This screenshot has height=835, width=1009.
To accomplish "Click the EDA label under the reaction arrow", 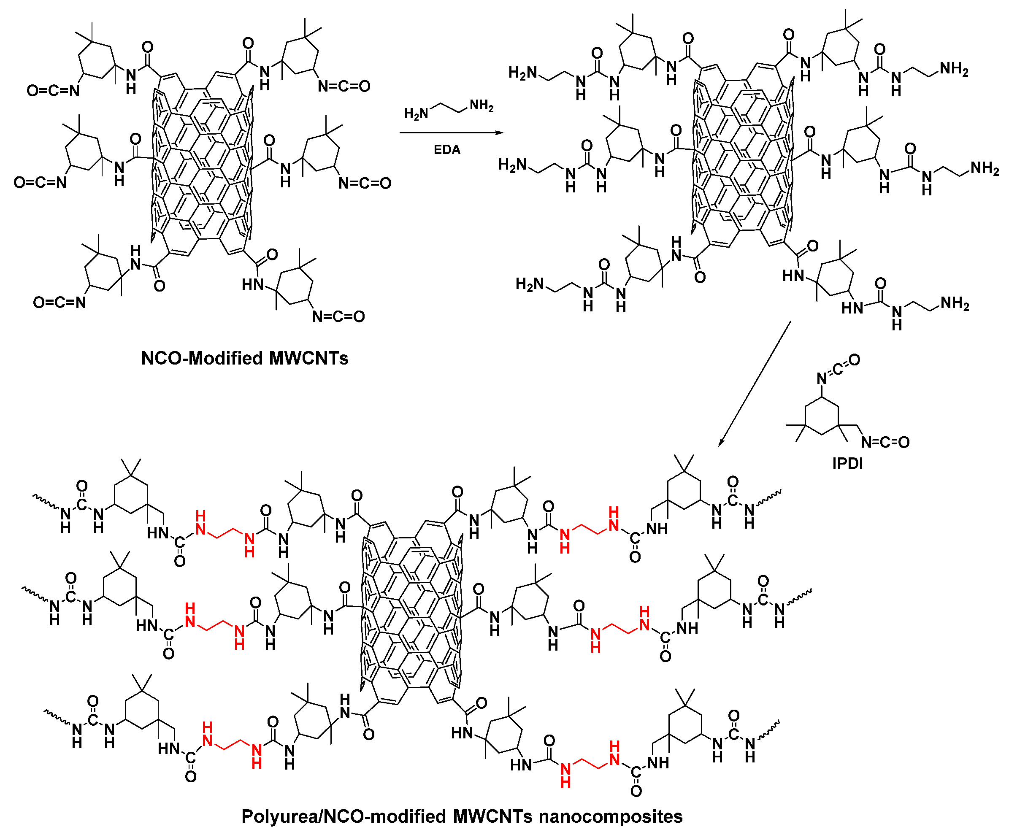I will (x=447, y=150).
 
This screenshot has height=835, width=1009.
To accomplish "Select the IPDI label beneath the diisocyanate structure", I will (x=847, y=463).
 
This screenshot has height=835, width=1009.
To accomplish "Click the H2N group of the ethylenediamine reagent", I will (x=416, y=113).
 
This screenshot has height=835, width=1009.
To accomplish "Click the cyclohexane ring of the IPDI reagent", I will (x=822, y=416).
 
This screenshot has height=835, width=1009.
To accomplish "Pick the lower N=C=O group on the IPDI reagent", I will (x=885, y=442).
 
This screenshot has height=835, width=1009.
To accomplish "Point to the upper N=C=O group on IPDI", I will (x=839, y=368).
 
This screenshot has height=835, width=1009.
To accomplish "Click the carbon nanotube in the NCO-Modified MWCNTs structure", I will (x=202, y=163).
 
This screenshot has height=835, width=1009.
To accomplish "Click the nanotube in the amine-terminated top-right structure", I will (x=742, y=154).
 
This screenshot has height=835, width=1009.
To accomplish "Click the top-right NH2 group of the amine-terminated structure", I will (x=954, y=70).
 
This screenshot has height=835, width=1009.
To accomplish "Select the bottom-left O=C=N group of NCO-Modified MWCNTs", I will (x=59, y=303).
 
